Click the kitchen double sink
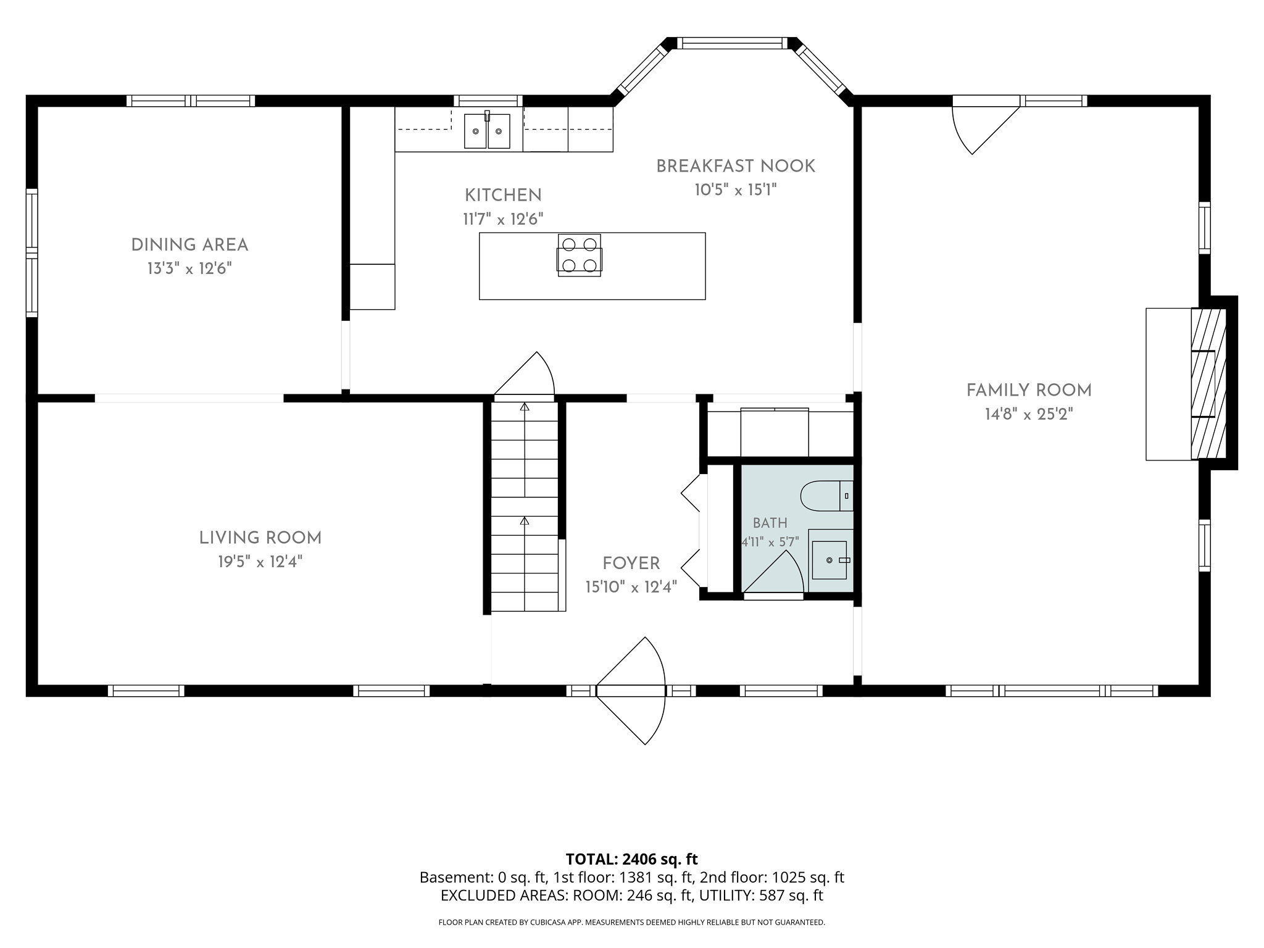pyautogui.click(x=488, y=130)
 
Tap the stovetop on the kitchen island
pyautogui.click(x=580, y=255)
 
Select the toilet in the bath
pyautogui.click(x=827, y=496)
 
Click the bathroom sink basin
pyautogui.click(x=829, y=560)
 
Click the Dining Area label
pyautogui.click(x=189, y=245)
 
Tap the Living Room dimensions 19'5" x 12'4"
pyautogui.click(x=260, y=562)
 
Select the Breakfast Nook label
pyautogui.click(x=736, y=166)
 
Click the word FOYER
pyautogui.click(x=631, y=563)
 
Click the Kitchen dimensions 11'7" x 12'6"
pyautogui.click(x=503, y=219)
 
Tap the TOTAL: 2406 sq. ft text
pyautogui.click(x=631, y=859)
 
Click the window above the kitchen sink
pyautogui.click(x=488, y=101)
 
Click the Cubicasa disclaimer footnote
pyautogui.click(x=631, y=922)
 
